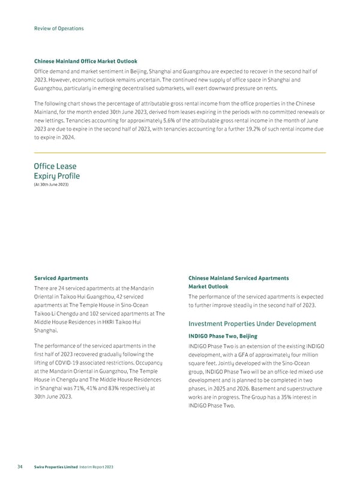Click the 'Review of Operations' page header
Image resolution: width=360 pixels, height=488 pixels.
[58, 28]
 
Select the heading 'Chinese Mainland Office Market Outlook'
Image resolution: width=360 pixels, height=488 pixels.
[85, 61]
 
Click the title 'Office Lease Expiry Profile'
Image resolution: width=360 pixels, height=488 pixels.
[56, 171]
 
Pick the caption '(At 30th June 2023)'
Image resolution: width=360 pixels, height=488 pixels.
[51, 184]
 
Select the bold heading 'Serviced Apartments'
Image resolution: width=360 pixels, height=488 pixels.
[61, 278]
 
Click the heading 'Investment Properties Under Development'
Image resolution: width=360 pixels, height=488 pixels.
[252, 324]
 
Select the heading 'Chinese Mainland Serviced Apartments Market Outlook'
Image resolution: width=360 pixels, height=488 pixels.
[238, 282]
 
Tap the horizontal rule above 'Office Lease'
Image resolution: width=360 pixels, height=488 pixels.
[179, 152]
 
